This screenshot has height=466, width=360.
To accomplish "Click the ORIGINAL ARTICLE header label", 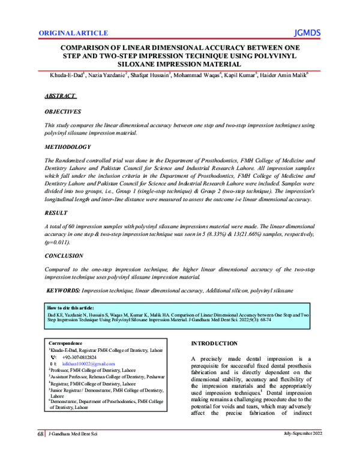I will [73, 33].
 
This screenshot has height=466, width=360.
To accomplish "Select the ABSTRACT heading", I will [61, 96].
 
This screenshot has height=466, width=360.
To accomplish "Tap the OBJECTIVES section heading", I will [63, 112].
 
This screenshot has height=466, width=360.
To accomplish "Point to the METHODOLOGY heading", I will [67, 147].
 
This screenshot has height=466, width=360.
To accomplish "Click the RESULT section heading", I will [56, 213].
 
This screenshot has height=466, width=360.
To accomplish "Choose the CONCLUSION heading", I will [64, 255].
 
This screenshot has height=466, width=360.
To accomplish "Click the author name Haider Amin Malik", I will [284, 76].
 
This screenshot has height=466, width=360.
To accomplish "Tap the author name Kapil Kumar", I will [239, 76].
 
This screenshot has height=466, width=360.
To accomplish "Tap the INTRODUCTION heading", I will [214, 343].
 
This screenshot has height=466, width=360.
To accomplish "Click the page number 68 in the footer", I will [40, 450].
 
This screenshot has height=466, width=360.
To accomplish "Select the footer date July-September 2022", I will [304, 450].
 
